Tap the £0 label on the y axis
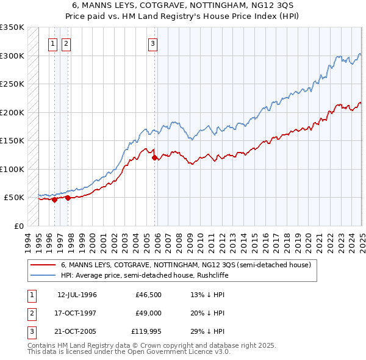click(x=18, y=226)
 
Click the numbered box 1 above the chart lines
click(x=53, y=43)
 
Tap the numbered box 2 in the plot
click(x=65, y=43)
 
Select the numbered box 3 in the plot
click(x=152, y=43)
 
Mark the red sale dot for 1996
click(x=54, y=199)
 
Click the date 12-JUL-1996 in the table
click(x=77, y=295)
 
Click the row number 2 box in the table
click(x=31, y=313)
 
